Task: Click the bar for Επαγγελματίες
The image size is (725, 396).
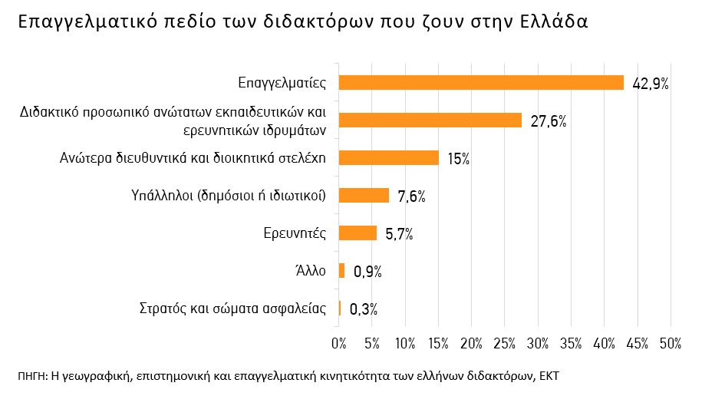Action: (481, 83)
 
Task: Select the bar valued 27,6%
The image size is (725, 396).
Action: (430, 120)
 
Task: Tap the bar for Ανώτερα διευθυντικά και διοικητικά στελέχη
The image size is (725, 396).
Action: (388, 158)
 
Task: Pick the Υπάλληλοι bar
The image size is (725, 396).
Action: (364, 196)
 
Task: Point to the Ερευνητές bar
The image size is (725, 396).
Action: (358, 233)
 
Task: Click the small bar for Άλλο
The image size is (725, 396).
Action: (341, 271)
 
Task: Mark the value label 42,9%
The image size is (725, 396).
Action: (651, 84)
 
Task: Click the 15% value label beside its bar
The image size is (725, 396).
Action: (458, 159)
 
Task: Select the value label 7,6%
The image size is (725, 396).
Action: (411, 196)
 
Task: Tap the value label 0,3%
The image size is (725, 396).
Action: (363, 309)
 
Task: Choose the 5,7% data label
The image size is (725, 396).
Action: (399, 234)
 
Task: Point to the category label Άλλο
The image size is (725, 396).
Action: (311, 271)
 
